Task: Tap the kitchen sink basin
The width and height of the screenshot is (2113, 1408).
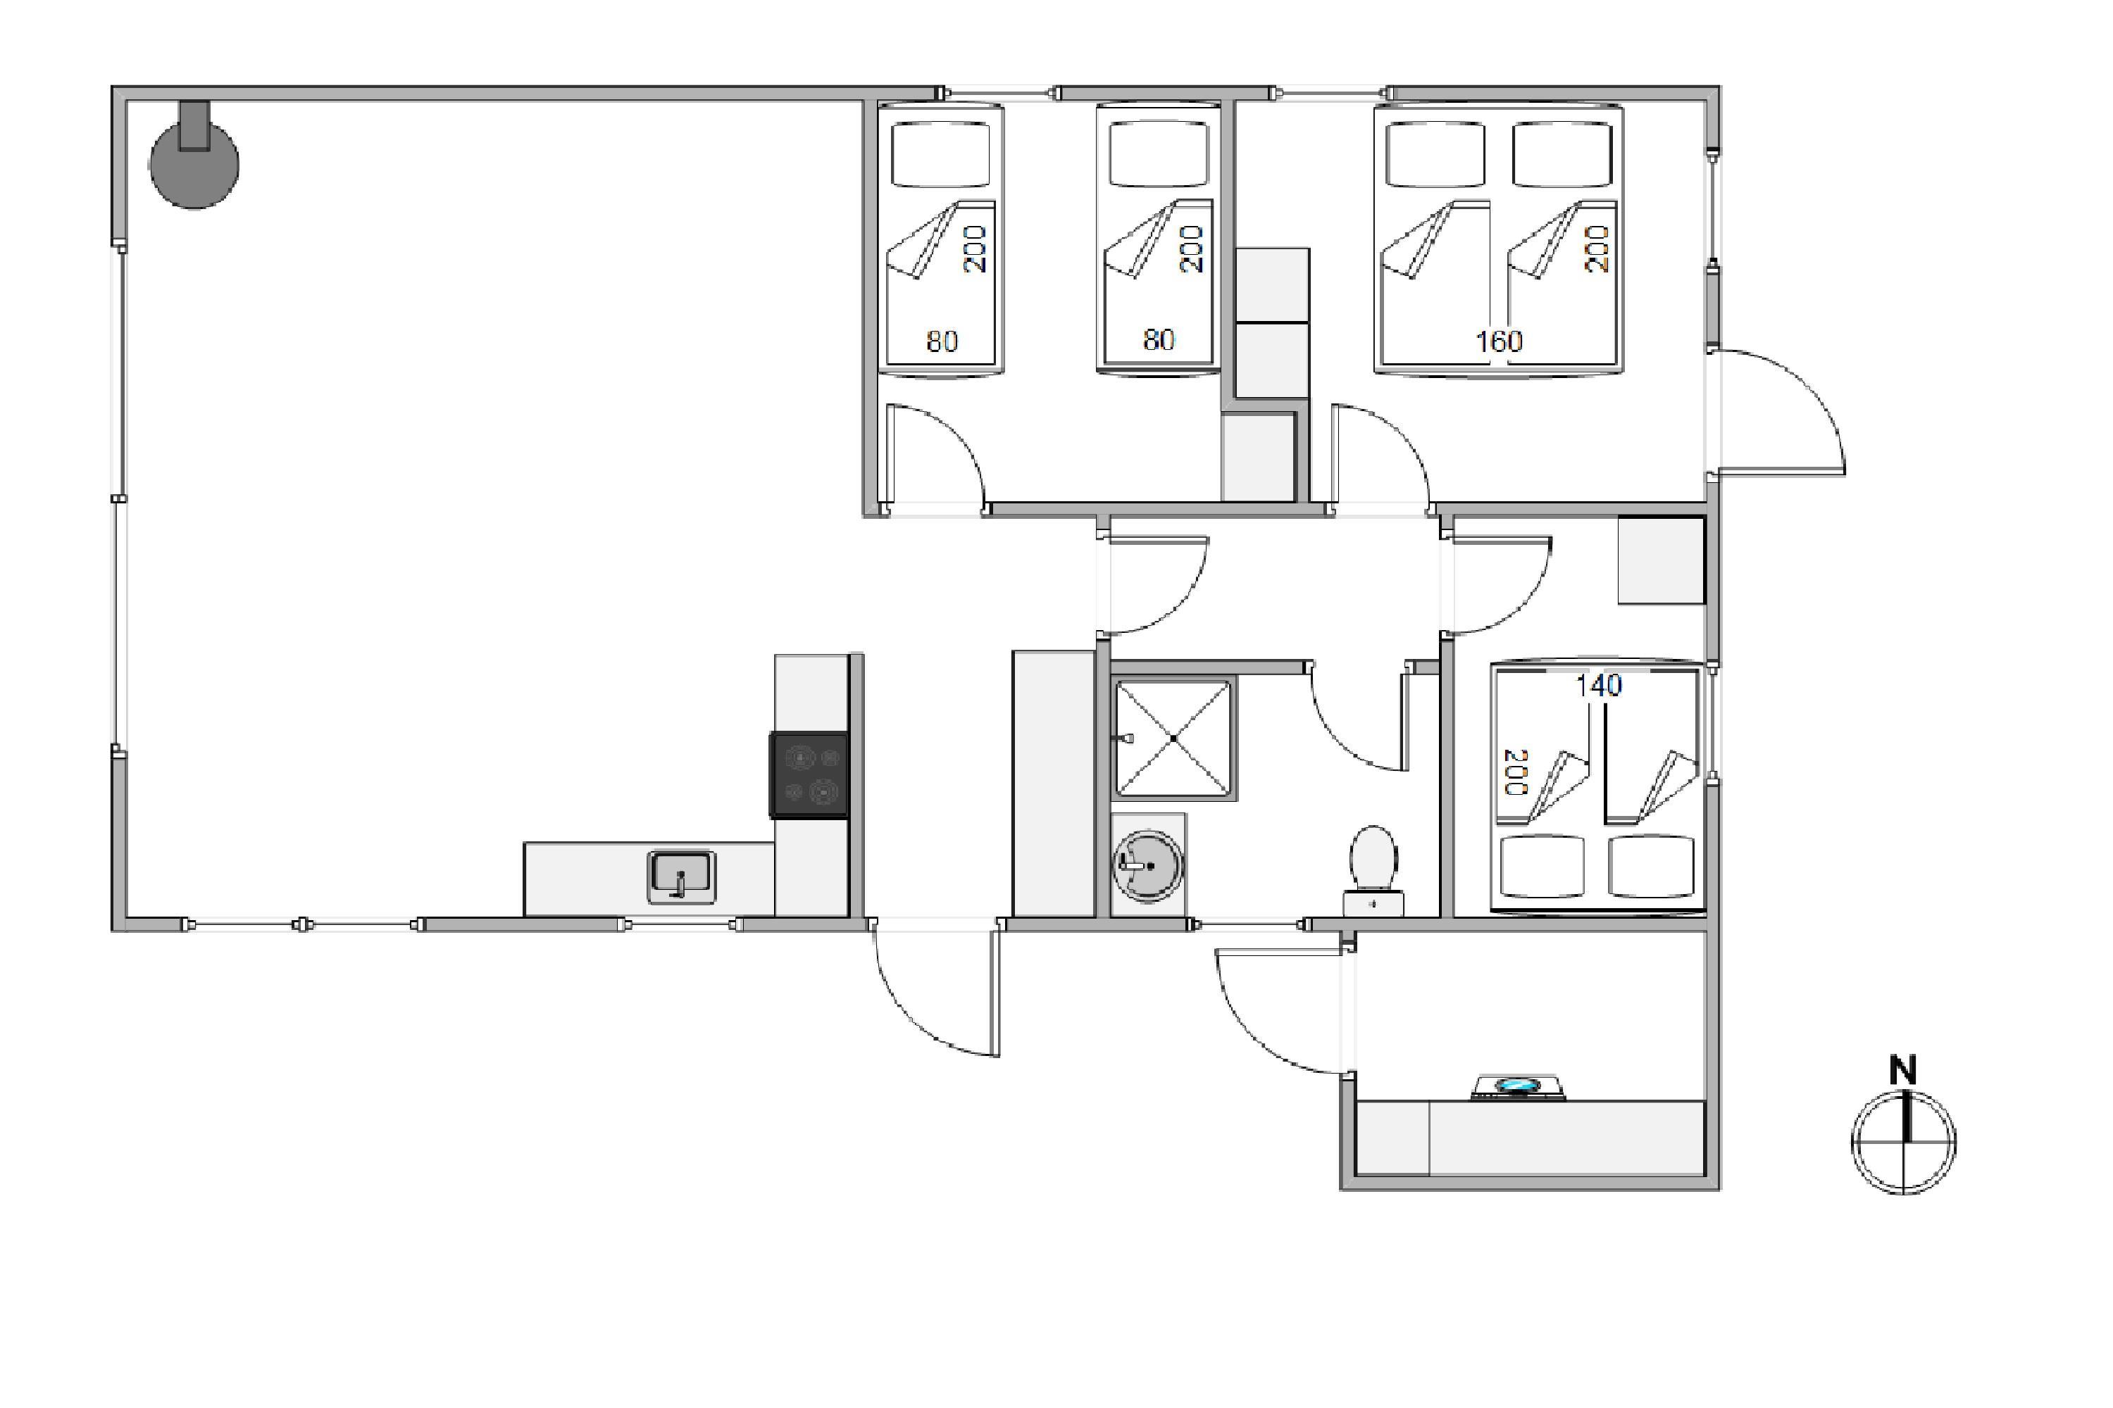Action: coord(681,876)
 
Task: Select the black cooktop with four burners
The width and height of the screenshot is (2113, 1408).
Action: coord(809,775)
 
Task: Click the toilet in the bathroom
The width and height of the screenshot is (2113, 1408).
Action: coord(1373,869)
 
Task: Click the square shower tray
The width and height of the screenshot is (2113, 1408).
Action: coord(1173,738)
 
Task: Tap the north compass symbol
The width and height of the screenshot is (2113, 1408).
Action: coord(1903,1142)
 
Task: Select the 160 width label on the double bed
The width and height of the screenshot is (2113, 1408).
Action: coord(1499,341)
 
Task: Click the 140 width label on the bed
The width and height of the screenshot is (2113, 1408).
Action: coord(1598,686)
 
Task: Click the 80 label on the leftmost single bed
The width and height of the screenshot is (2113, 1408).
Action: coord(942,341)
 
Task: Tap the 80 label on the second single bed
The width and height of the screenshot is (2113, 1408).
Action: coord(1158,339)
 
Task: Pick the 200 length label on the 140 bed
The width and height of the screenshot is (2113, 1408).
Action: coord(1515,772)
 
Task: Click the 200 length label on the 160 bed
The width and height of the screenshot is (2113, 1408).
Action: coord(1597,248)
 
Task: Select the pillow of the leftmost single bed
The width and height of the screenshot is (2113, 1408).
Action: coord(940,154)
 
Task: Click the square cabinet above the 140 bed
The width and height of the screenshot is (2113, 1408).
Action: coord(1661,560)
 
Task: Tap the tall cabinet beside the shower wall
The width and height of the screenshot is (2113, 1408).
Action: coord(1053,784)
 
